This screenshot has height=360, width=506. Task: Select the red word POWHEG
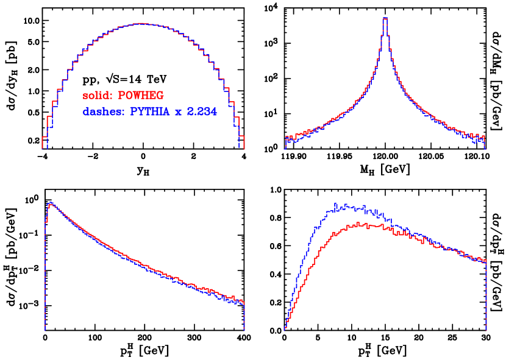point(141,96)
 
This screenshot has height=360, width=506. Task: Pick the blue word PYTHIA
point(149,112)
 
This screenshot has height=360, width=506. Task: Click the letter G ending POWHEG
point(160,96)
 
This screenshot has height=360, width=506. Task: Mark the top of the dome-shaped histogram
point(141,24)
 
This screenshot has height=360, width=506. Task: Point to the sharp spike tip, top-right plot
point(385,19)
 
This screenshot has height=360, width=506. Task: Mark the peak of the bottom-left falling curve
point(51,203)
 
